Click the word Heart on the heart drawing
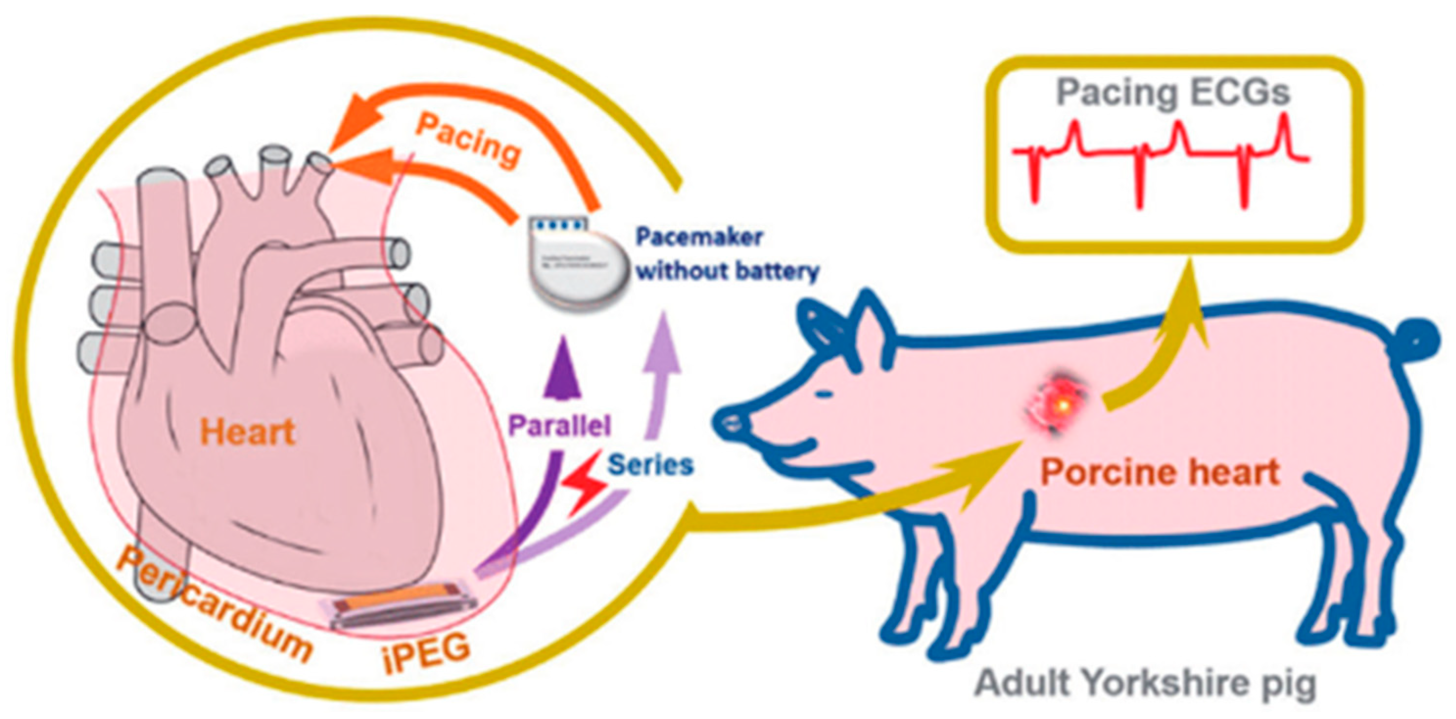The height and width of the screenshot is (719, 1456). coord(248,432)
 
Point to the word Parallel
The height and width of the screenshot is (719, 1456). coord(560,425)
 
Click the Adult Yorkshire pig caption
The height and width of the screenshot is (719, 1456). coord(1145,682)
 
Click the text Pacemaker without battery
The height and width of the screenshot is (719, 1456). coord(727,254)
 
